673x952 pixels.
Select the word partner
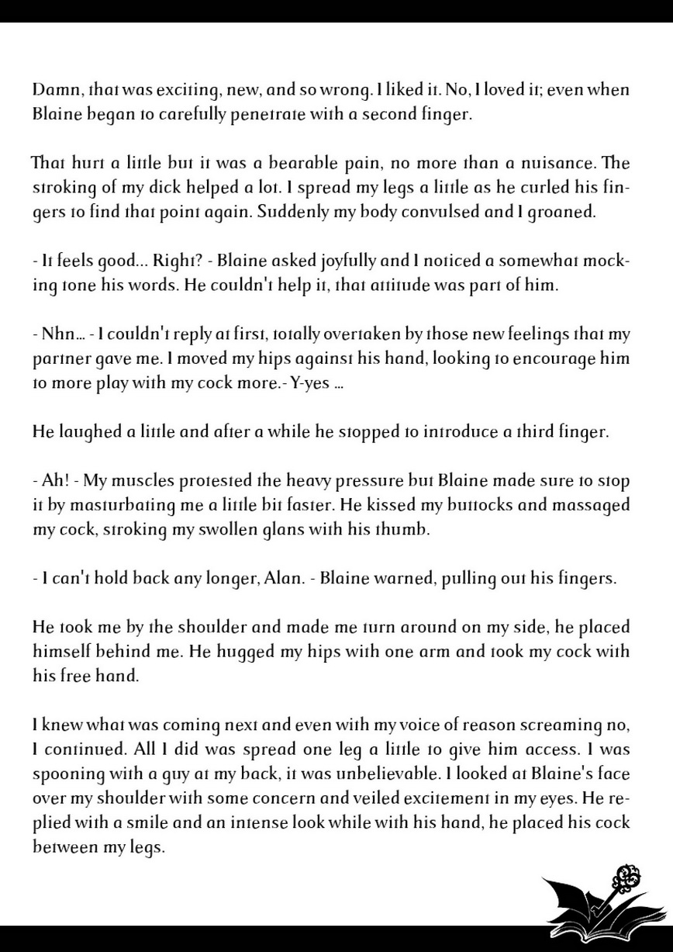pos(59,359)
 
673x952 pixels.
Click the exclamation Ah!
pos(55,481)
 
